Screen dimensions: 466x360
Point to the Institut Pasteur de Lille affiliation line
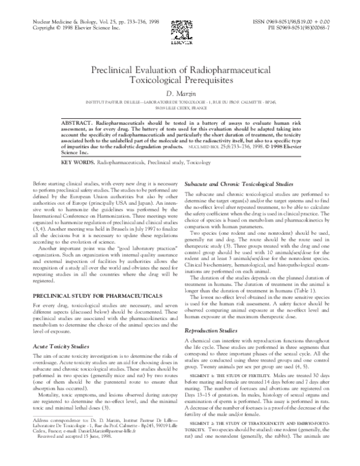[x=180, y=102]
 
